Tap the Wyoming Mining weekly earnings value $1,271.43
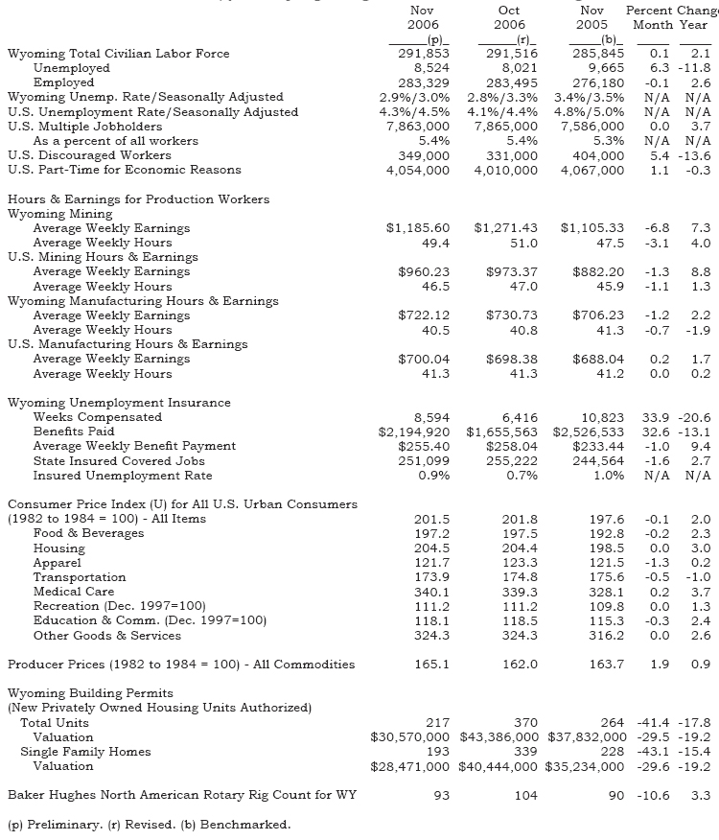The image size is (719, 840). click(x=505, y=228)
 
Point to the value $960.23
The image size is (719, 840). click(x=424, y=271)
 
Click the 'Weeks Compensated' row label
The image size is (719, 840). click(x=98, y=417)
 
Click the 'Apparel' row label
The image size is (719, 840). click(x=58, y=563)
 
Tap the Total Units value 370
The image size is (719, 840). click(x=525, y=722)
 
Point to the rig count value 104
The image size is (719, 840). click(x=525, y=795)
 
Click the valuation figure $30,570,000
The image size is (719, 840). click(x=409, y=736)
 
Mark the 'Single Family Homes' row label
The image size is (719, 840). click(x=85, y=751)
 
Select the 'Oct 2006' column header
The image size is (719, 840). click(x=510, y=17)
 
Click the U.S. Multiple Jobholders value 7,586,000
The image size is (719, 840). click(x=591, y=127)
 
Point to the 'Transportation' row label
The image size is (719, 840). click(x=79, y=577)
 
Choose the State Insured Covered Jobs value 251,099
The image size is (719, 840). click(x=421, y=460)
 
